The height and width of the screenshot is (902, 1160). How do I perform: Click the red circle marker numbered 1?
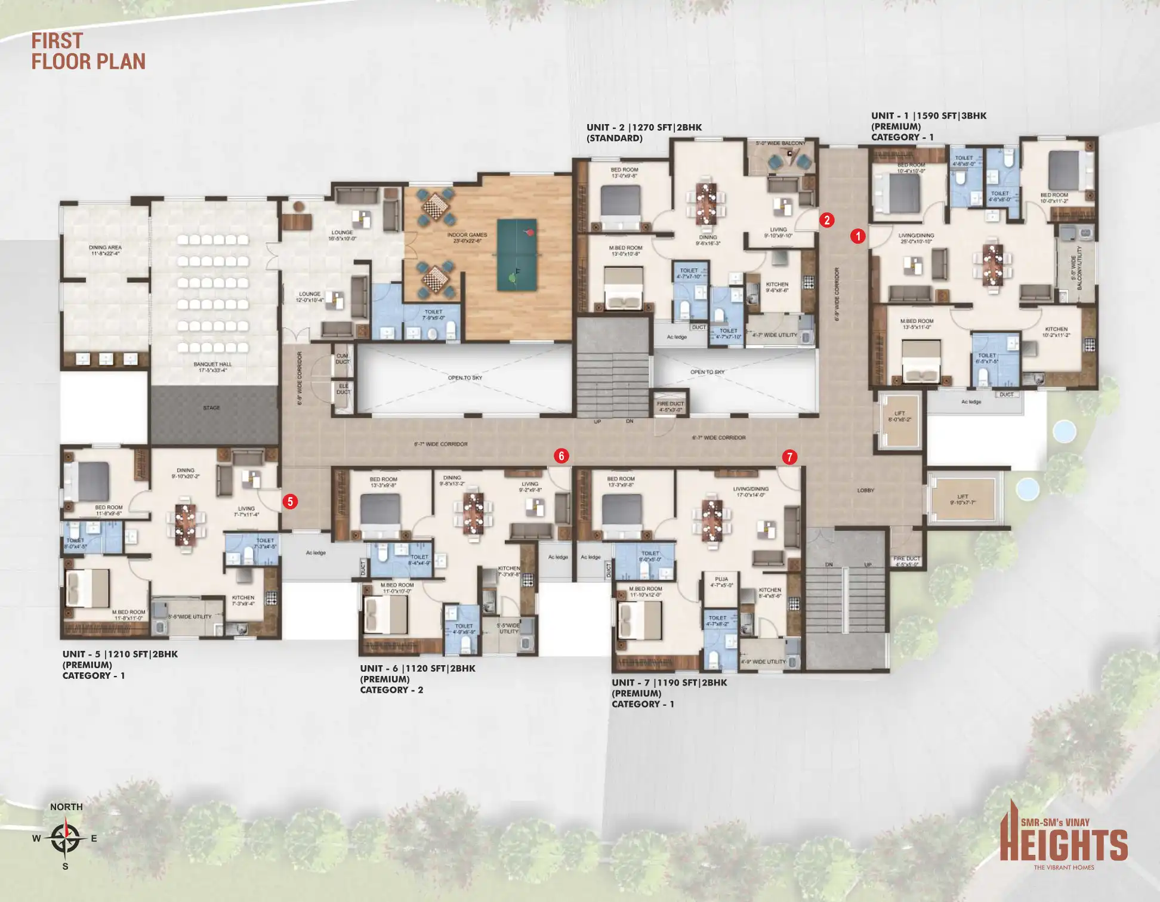click(857, 236)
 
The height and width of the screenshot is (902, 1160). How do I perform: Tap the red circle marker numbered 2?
click(826, 220)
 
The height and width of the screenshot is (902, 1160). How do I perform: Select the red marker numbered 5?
click(290, 501)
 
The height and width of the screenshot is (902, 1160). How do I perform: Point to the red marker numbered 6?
click(561, 456)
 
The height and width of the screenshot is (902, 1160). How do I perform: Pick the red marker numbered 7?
click(789, 457)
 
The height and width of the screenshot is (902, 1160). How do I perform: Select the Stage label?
click(211, 408)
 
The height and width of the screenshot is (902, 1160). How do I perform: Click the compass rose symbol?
click(65, 838)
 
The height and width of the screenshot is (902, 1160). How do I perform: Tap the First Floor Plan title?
click(88, 51)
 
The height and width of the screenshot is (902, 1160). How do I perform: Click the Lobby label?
click(865, 490)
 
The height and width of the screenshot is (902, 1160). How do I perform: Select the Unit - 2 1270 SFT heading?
click(644, 128)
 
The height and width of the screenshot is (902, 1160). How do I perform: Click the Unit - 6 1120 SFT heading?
click(418, 669)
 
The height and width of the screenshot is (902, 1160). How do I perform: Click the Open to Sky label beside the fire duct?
click(707, 372)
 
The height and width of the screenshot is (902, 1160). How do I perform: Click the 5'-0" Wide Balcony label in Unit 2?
click(780, 143)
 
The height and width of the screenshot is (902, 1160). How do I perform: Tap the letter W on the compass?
click(36, 838)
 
